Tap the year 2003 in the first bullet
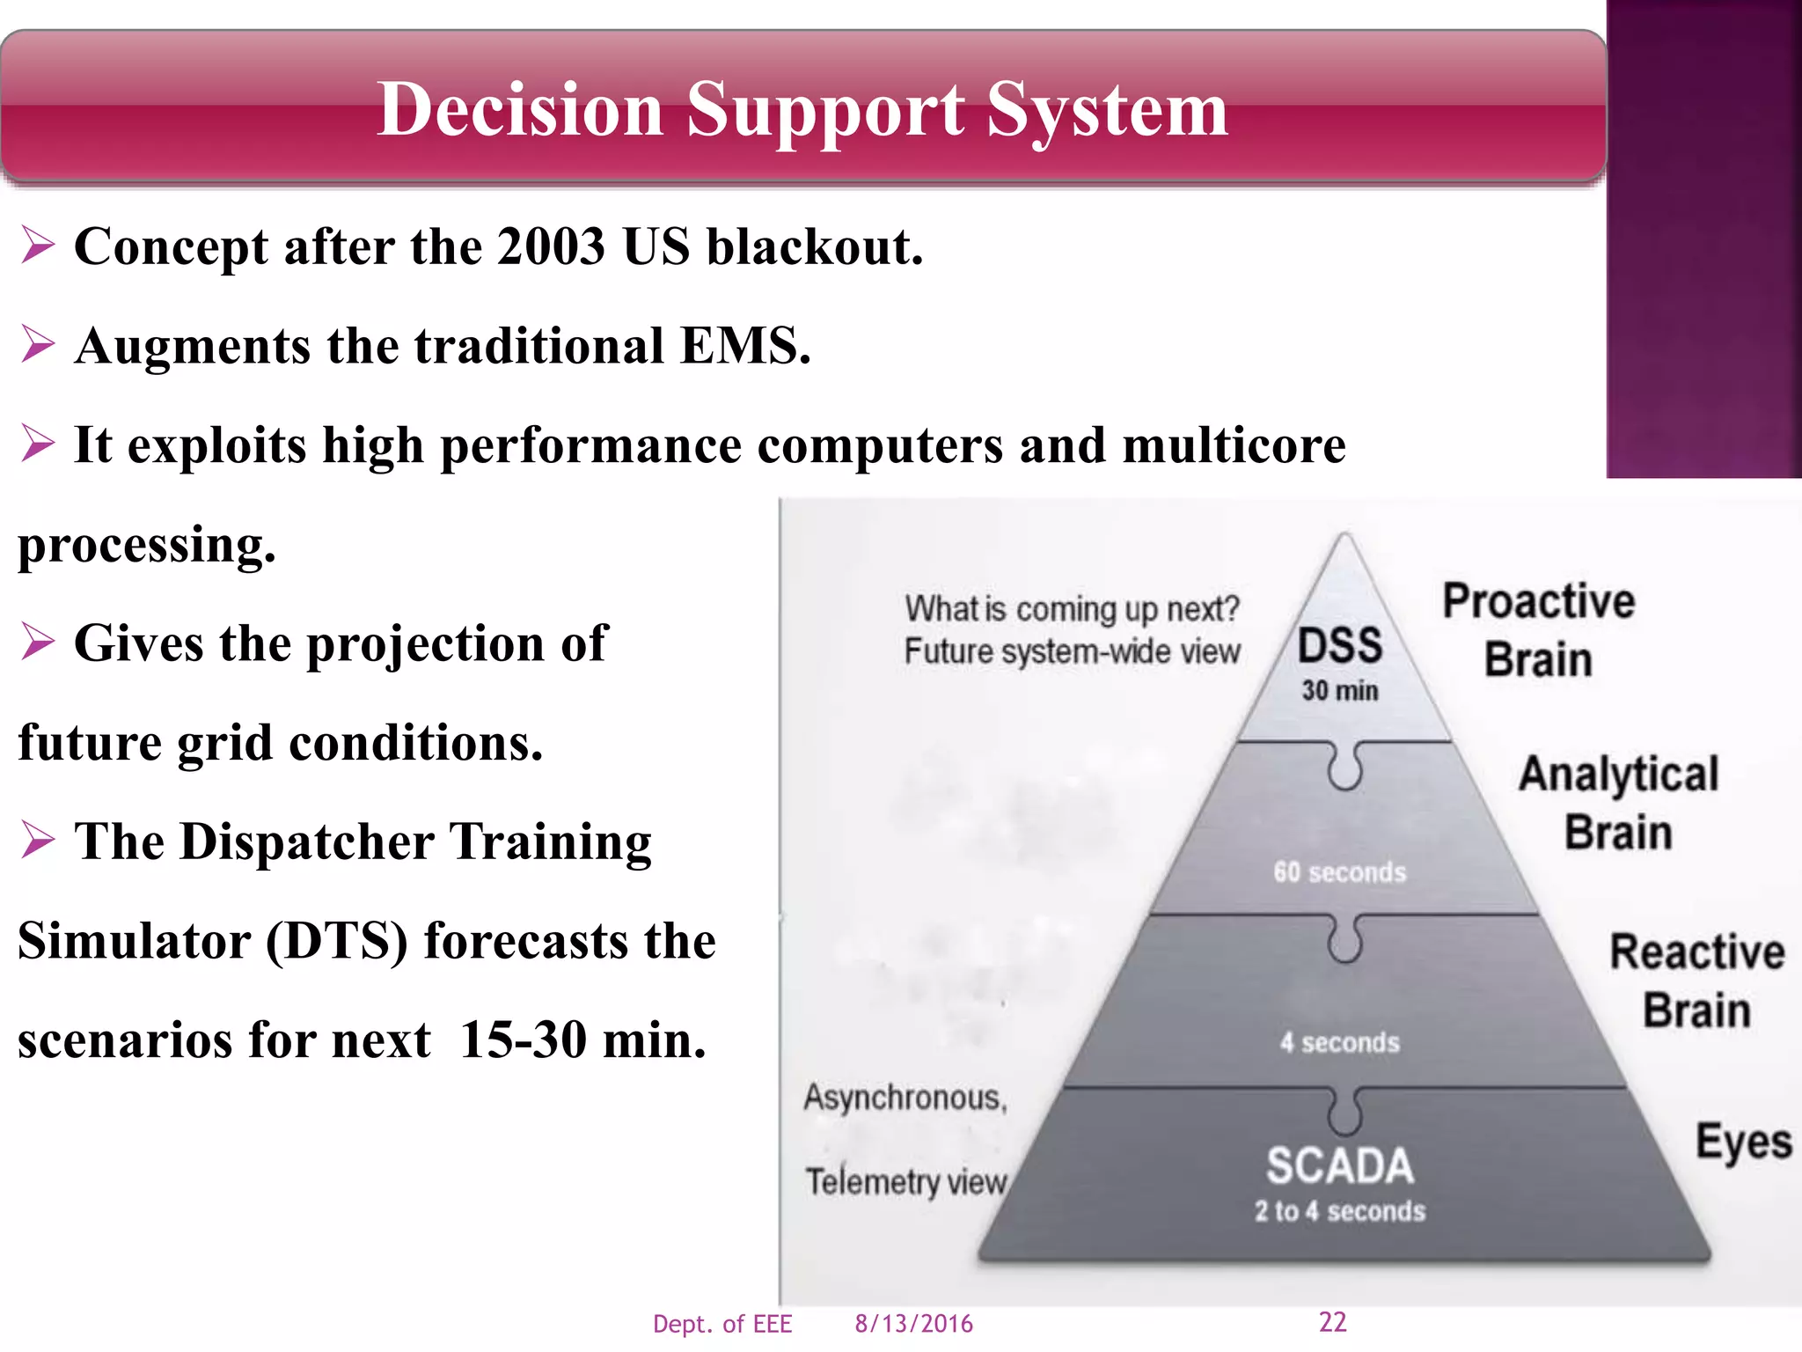point(551,246)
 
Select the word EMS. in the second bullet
point(745,346)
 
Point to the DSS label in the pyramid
point(1340,646)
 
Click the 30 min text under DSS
point(1340,691)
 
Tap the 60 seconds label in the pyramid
point(1339,872)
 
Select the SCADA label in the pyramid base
point(1339,1166)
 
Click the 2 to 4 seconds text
point(1339,1212)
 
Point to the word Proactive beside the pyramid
point(1539,602)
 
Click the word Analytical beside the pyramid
point(1618,775)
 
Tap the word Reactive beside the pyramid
point(1696,952)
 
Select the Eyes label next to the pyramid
point(1743,1143)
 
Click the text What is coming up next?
point(1072,609)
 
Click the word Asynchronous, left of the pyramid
point(905,1098)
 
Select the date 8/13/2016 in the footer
point(913,1324)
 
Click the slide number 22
point(1332,1322)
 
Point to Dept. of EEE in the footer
point(722,1324)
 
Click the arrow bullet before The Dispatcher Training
point(39,840)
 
